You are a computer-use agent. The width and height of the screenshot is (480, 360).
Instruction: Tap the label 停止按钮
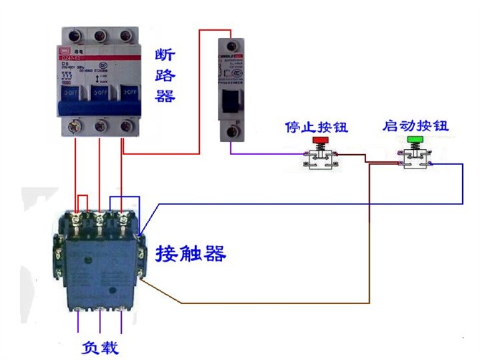(x=316, y=128)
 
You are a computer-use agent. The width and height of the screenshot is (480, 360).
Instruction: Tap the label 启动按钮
(x=416, y=126)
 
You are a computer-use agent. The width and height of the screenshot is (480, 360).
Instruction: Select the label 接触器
(x=191, y=253)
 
